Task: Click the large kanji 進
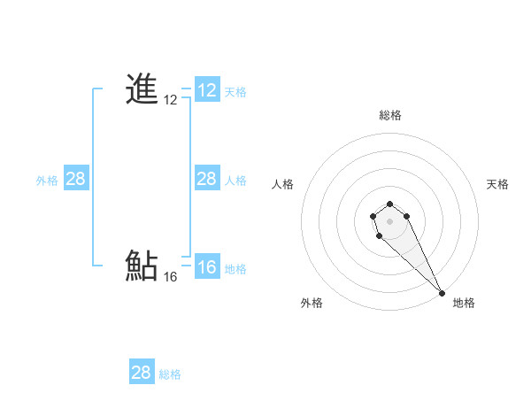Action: coord(142,89)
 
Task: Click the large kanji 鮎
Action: coord(142,266)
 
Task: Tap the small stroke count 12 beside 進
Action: coord(171,101)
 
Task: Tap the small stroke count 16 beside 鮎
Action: coord(171,277)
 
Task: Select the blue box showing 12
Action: coord(207,90)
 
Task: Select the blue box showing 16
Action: coord(207,268)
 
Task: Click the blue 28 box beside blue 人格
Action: coord(207,179)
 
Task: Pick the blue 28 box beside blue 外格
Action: coord(76,179)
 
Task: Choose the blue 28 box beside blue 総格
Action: coord(142,373)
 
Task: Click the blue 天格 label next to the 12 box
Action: coord(235,91)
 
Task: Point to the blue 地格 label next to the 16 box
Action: coord(235,269)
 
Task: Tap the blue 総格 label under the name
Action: coord(170,374)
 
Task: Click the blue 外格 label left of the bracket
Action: coord(47,181)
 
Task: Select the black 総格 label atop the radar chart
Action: coord(390,115)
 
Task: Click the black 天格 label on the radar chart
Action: coord(497,184)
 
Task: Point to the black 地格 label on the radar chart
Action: coord(464,303)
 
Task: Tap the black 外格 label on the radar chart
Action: coord(312,303)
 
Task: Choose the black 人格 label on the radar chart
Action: coord(282,184)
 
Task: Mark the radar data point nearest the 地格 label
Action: coord(441,292)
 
